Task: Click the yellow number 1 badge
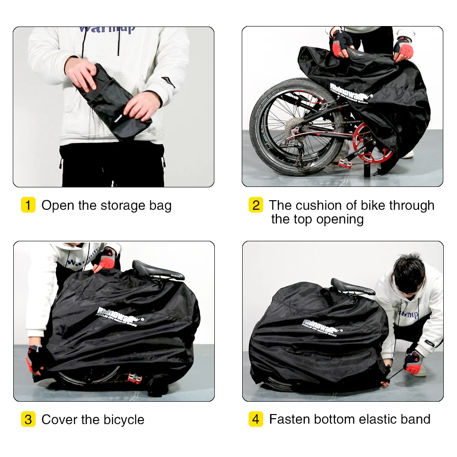tap(28, 205)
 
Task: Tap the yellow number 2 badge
tap(255, 205)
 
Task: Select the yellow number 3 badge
tap(28, 420)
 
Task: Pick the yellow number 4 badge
tap(255, 420)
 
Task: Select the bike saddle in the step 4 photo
tap(352, 287)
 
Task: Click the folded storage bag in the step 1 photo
tap(112, 101)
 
